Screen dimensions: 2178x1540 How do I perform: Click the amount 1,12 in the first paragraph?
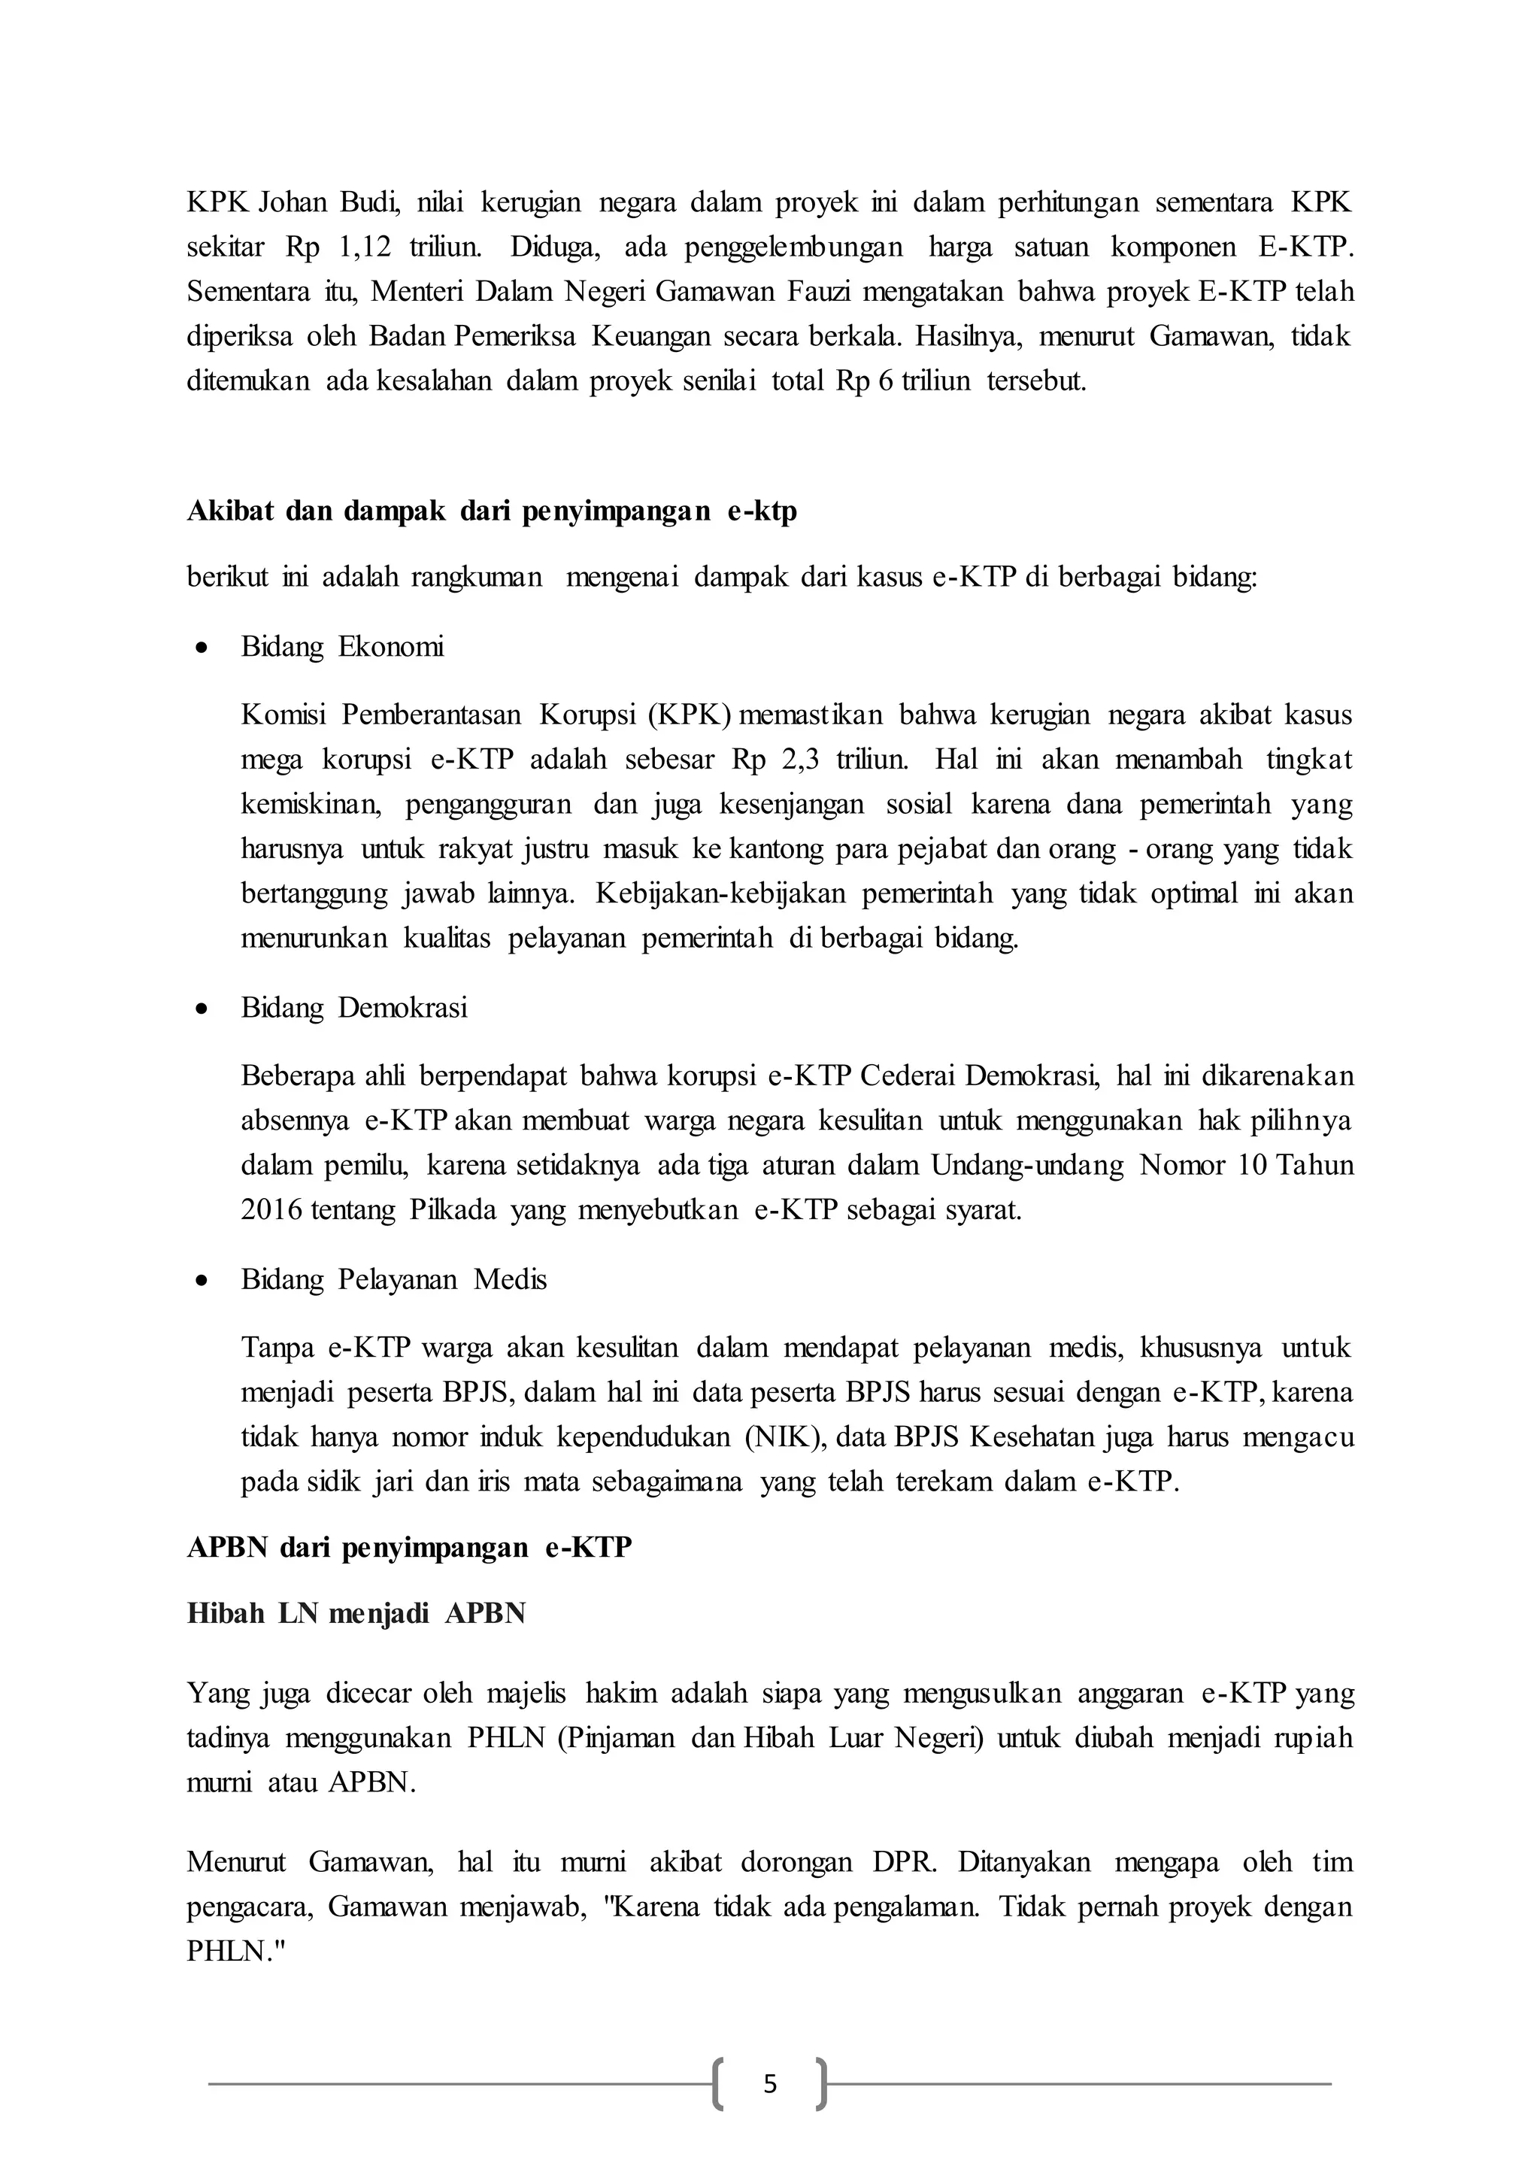[364, 248]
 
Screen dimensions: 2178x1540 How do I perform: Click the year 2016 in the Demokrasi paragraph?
[270, 1212]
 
